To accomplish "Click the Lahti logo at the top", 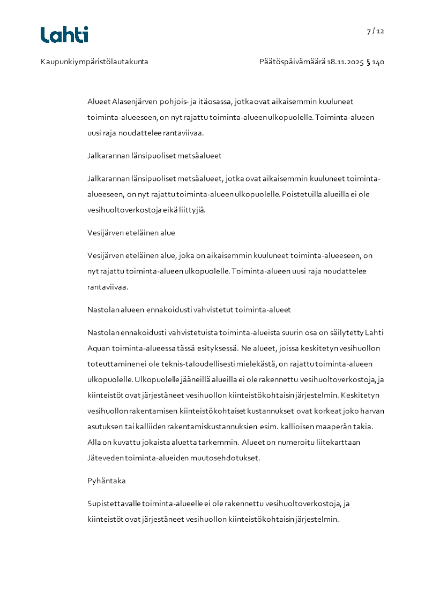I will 64,35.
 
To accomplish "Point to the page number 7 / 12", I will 376,31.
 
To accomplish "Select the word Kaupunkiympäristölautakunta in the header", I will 94,62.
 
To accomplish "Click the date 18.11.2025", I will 345,62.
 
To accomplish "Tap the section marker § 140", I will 375,62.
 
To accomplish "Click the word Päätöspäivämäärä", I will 292,62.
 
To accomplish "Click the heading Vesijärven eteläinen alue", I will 131,233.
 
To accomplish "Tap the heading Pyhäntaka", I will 106,481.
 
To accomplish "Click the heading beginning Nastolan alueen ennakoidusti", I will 189,310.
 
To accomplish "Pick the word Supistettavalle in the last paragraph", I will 114,504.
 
